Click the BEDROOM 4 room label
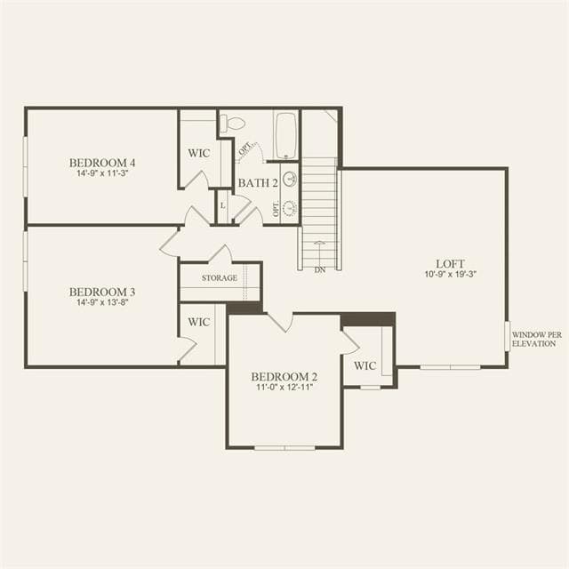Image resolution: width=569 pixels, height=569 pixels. (102, 163)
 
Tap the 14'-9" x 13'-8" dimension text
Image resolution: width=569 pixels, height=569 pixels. (102, 302)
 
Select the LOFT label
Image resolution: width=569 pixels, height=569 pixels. (450, 264)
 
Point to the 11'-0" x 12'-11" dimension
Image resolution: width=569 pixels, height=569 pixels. (284, 388)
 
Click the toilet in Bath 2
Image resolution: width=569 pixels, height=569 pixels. (233, 124)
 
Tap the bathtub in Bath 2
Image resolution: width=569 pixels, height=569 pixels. (286, 136)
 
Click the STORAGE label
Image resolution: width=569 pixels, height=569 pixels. (220, 278)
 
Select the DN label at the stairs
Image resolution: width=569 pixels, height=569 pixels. (320, 270)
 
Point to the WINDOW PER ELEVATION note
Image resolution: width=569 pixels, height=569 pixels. (537, 339)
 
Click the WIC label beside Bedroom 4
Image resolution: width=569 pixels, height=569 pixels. (199, 153)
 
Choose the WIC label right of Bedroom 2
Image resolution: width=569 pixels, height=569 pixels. (365, 365)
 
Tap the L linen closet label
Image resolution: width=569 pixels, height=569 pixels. (223, 205)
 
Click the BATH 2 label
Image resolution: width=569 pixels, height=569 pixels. (258, 183)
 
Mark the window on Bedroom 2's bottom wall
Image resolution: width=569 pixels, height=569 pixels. (284, 448)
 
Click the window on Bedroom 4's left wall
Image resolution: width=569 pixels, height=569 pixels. (26, 166)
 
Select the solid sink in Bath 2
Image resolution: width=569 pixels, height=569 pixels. (290, 180)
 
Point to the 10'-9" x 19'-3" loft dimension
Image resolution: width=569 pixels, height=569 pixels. (450, 274)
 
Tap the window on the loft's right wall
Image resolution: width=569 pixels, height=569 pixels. (508, 336)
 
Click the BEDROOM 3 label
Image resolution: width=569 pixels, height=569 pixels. (102, 293)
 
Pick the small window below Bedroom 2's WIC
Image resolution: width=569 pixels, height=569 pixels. (370, 388)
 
